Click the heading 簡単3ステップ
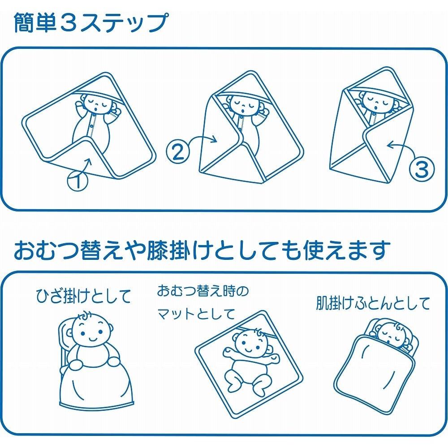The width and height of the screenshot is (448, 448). (x=90, y=23)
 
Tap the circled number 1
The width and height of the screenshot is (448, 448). (x=78, y=181)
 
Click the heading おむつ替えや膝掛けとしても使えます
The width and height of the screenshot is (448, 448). (x=202, y=251)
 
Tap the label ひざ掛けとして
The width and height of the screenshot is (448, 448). (x=83, y=296)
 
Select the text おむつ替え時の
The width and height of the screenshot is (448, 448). (x=203, y=292)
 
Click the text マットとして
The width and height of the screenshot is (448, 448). (x=196, y=314)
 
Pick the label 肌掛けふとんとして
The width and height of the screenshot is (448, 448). (x=373, y=303)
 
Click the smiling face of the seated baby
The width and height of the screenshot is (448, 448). (x=90, y=332)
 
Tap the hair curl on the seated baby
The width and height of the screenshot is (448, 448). (x=85, y=316)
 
